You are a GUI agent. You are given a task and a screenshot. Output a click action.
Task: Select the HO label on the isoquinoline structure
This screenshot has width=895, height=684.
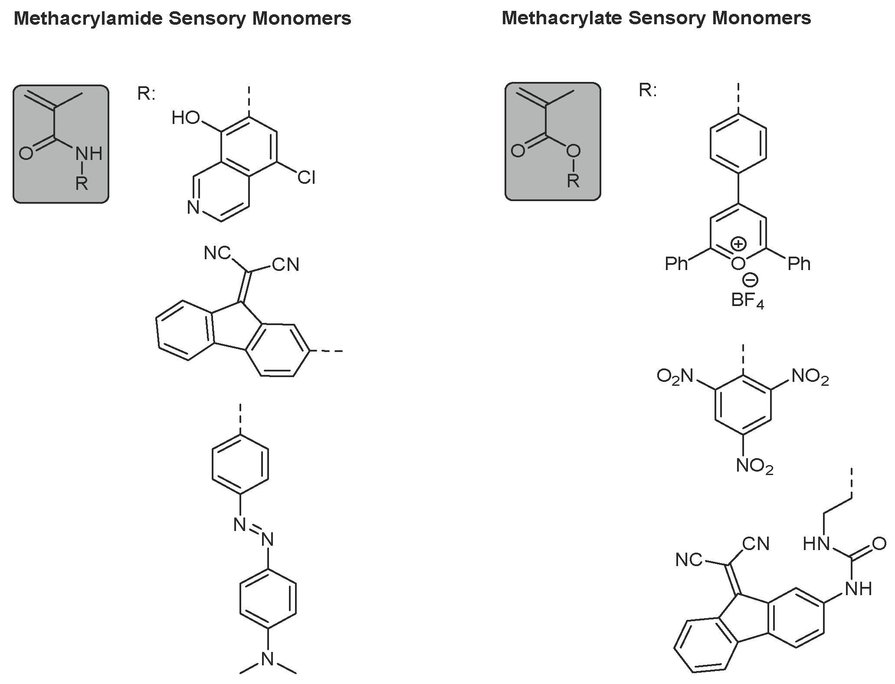185,118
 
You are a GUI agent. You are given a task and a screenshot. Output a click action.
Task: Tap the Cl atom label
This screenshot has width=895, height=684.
306,178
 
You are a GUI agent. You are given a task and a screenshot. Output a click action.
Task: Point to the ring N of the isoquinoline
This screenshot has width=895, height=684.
193,208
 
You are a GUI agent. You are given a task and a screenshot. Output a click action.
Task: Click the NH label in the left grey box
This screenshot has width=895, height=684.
89,153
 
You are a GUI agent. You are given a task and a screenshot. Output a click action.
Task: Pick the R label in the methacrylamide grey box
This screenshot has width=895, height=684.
82,183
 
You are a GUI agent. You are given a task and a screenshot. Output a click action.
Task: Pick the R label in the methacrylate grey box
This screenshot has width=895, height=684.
573,181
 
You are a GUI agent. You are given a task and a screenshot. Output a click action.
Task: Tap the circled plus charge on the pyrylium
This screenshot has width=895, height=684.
738,244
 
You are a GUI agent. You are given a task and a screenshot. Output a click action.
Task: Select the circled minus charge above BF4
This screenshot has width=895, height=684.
750,280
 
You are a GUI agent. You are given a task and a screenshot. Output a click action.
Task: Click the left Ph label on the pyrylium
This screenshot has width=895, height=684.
676,264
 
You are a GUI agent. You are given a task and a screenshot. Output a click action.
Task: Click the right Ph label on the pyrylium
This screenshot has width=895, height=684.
799,263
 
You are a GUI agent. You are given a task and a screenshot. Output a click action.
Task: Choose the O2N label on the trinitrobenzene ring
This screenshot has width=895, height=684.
675,376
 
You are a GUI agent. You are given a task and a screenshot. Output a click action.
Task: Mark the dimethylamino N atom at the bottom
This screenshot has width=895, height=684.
268,659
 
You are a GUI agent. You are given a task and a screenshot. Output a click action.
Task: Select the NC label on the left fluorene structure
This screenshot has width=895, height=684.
217,253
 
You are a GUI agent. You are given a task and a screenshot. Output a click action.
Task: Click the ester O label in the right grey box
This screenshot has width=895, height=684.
573,151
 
